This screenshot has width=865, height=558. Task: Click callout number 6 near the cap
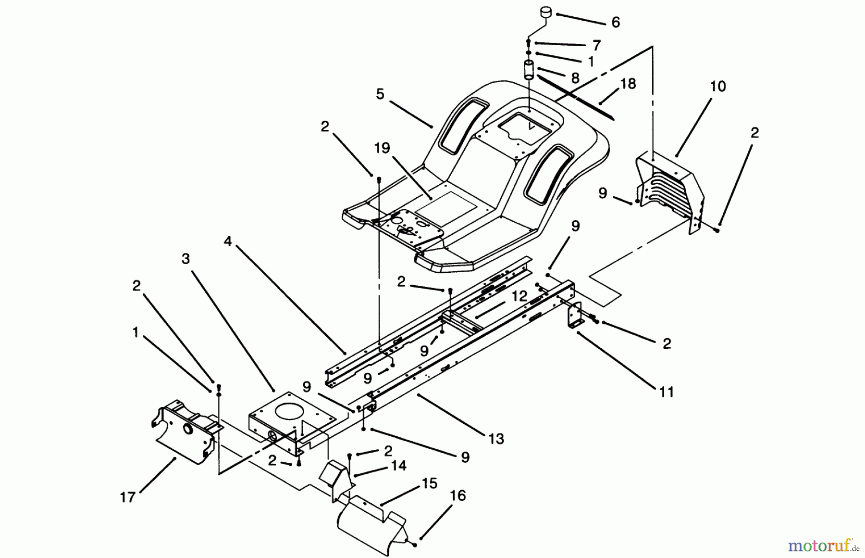[x=616, y=23]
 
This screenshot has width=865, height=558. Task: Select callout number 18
[x=628, y=84]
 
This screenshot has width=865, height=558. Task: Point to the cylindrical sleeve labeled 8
[x=529, y=70]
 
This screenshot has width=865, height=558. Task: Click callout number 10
[x=718, y=87]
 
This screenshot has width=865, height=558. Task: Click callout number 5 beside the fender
[x=380, y=94]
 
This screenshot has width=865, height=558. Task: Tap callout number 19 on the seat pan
[x=382, y=148]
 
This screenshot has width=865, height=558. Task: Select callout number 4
[x=227, y=241]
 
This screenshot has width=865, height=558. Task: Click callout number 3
[x=185, y=259]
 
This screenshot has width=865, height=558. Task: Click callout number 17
[x=128, y=497]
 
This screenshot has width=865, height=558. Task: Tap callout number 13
[x=496, y=439]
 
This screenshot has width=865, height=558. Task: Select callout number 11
[x=666, y=392]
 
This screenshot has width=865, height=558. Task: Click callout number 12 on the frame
[x=519, y=296]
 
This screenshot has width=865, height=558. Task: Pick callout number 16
[x=458, y=495]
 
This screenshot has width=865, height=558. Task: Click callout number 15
[x=430, y=483]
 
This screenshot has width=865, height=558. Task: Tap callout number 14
[x=399, y=466]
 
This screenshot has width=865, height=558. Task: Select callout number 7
[x=596, y=45]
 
